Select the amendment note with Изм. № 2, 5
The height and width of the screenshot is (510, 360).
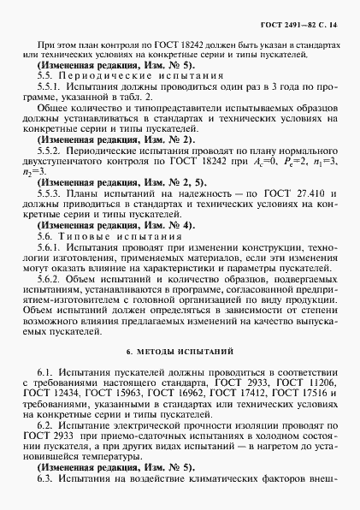107,206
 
